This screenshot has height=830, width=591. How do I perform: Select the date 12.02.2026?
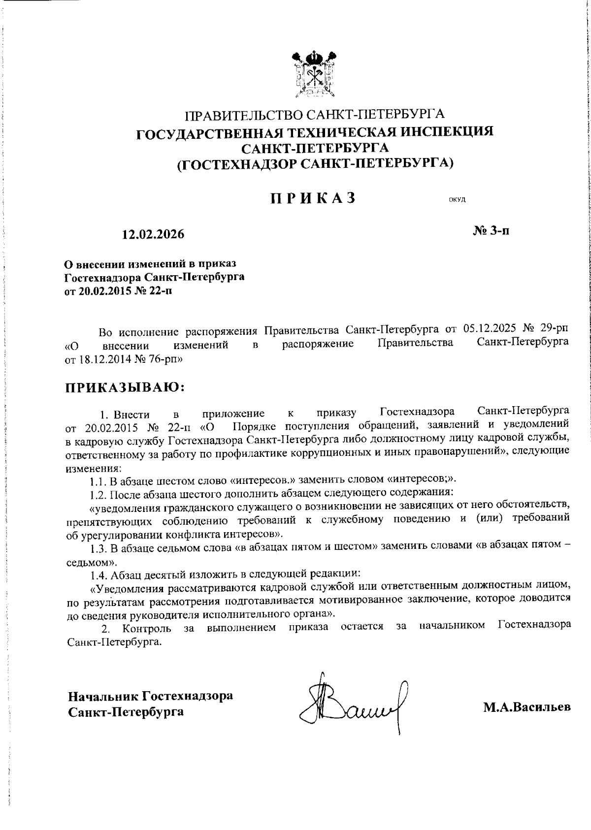[153, 234]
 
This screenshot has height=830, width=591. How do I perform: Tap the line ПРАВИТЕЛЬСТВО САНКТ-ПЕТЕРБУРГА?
[315, 115]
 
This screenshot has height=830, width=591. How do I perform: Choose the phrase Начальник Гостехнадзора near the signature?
[150, 697]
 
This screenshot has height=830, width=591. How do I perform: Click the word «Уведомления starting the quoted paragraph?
[125, 587]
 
